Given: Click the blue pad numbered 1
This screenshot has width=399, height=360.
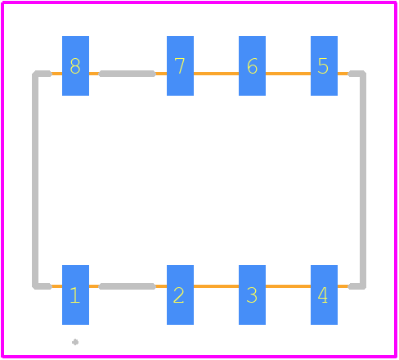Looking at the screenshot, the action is tap(75, 295).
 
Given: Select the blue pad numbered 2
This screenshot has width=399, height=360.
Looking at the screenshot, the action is tap(180, 295).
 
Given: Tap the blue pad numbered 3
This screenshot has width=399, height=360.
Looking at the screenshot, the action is tap(252, 295).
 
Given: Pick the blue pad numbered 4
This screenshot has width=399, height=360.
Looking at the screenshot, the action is tap(324, 295).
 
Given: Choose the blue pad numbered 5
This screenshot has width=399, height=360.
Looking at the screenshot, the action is tap(324, 65).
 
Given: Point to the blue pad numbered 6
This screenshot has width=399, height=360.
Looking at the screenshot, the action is tap(252, 65).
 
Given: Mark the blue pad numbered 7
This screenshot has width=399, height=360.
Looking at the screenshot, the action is tap(180, 65).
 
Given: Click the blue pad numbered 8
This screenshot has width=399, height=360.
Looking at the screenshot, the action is tap(75, 65).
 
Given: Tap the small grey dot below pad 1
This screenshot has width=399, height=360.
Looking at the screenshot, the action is tap(75, 342).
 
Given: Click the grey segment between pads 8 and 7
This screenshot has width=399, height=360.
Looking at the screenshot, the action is tap(127, 74).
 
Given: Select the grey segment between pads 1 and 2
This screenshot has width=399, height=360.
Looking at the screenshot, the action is tap(127, 286).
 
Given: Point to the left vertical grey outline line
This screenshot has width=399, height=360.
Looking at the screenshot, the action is tap(35, 180).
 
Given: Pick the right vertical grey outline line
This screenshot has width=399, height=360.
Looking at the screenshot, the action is tap(363, 180).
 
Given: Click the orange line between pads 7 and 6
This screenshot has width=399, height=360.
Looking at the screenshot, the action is tap(216, 74).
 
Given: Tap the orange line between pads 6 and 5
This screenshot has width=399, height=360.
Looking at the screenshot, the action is tap(288, 74).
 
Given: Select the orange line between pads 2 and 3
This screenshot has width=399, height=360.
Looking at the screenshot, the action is tap(216, 286).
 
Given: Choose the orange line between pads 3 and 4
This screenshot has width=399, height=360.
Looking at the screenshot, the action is tap(288, 286).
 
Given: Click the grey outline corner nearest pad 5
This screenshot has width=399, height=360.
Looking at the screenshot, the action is tap(362, 74).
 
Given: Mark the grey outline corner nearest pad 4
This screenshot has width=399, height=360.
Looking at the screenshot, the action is tap(362, 286).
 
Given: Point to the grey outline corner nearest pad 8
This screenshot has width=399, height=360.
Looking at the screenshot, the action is tap(35, 74).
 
